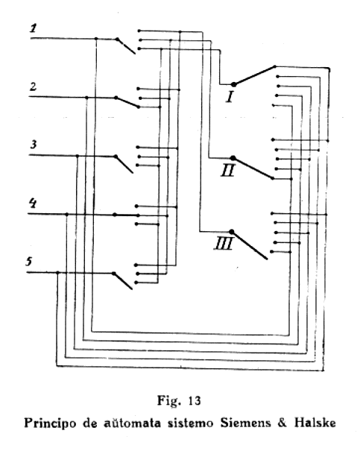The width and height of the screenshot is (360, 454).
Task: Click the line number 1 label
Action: (x=34, y=28)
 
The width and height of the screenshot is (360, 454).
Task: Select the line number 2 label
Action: (x=34, y=86)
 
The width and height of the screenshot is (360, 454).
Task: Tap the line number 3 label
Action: (x=34, y=144)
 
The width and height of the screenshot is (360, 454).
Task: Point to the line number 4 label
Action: (x=32, y=203)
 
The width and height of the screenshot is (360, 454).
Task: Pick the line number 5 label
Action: (x=29, y=262)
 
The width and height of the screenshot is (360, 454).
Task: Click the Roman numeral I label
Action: (x=230, y=97)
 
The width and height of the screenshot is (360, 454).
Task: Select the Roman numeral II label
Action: (x=227, y=170)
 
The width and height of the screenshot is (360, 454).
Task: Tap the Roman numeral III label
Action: (x=224, y=244)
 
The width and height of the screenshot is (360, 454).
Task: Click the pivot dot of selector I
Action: (x=234, y=84)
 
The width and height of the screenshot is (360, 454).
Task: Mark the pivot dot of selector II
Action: (x=233, y=158)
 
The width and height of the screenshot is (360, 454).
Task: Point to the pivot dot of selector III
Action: (x=231, y=231)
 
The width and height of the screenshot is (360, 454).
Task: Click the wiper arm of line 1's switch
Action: (x=126, y=46)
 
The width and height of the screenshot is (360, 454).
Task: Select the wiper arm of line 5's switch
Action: (x=123, y=281)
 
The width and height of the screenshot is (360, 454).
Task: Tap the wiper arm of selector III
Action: (x=249, y=245)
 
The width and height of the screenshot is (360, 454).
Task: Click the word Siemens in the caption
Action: (x=245, y=423)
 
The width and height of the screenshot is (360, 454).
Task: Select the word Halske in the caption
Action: (x=315, y=423)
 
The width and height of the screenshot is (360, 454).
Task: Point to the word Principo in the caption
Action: (x=51, y=423)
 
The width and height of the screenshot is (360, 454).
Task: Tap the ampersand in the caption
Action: (x=282, y=423)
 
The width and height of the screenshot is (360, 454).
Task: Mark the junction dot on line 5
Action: (x=57, y=272)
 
